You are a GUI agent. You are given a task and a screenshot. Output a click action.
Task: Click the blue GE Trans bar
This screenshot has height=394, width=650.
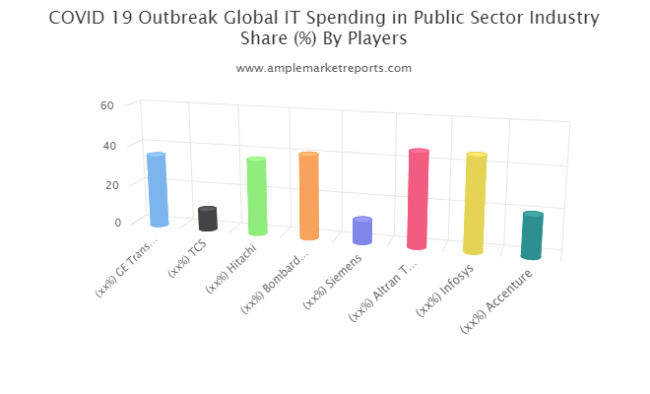click(158, 189)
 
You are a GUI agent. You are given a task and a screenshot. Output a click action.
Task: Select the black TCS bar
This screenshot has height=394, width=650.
click(207, 219)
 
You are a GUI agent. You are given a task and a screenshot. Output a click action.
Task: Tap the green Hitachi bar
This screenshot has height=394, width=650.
click(256, 197)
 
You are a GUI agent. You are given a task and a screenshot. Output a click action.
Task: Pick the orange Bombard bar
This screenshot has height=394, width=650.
click(308, 196)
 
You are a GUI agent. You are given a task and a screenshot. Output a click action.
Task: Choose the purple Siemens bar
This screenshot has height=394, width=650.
click(362, 230)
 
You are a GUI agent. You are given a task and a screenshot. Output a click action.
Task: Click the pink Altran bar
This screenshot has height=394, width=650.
click(418, 199)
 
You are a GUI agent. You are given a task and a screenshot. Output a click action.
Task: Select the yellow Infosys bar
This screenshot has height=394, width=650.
click(475, 204)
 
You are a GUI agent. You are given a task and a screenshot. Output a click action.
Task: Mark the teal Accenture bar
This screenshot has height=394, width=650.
click(532, 235)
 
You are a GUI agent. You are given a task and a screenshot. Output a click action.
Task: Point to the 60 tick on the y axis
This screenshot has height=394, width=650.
click(107, 105)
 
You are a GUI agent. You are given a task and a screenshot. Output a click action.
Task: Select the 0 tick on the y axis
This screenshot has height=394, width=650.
click(116, 222)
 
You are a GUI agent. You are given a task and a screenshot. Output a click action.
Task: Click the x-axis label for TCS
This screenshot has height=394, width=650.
click(187, 259)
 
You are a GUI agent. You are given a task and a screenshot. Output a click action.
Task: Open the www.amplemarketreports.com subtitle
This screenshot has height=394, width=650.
click(324, 68)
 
